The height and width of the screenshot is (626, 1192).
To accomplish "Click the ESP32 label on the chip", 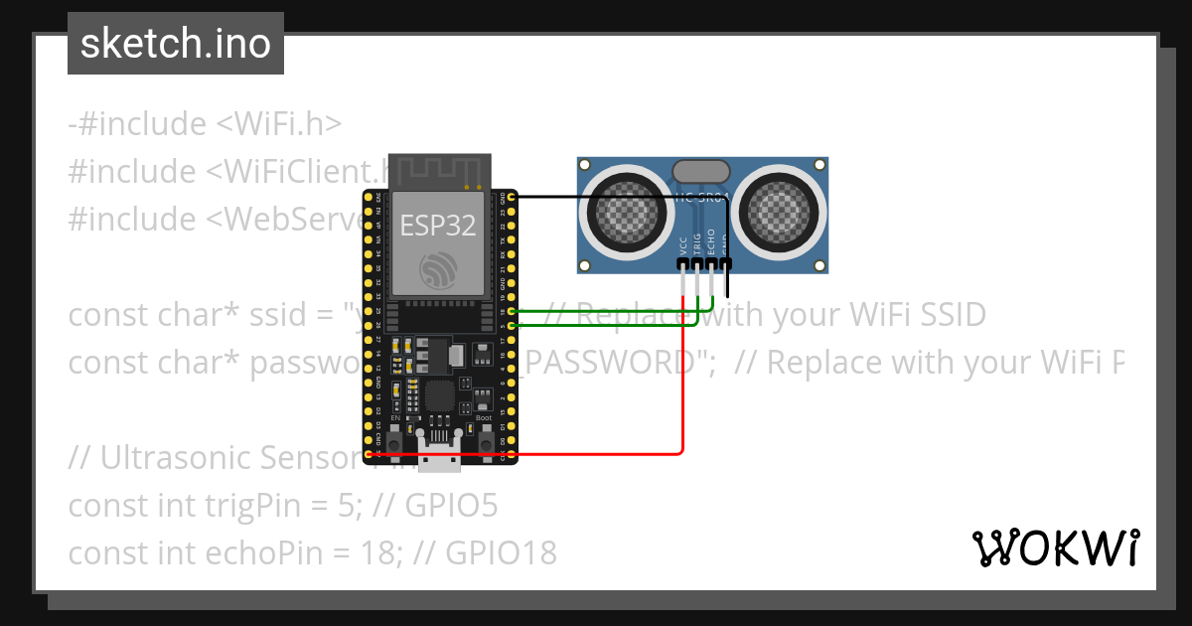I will (438, 226).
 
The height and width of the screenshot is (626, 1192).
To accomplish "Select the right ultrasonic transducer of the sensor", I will (782, 210).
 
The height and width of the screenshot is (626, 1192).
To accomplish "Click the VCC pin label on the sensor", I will (683, 245).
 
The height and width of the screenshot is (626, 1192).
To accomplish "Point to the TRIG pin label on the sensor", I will (697, 244).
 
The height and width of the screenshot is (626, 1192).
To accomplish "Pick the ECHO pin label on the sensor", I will (711, 244).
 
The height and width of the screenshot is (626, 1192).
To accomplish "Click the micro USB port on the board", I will (438, 460).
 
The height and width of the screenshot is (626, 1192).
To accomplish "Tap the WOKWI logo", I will (1055, 548).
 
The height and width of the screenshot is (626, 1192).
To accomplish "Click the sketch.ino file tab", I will (176, 44).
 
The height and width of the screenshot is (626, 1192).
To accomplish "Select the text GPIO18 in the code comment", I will (501, 552).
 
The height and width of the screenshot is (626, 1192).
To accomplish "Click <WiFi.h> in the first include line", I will (278, 124).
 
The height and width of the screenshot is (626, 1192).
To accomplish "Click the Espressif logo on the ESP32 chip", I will (438, 269).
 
